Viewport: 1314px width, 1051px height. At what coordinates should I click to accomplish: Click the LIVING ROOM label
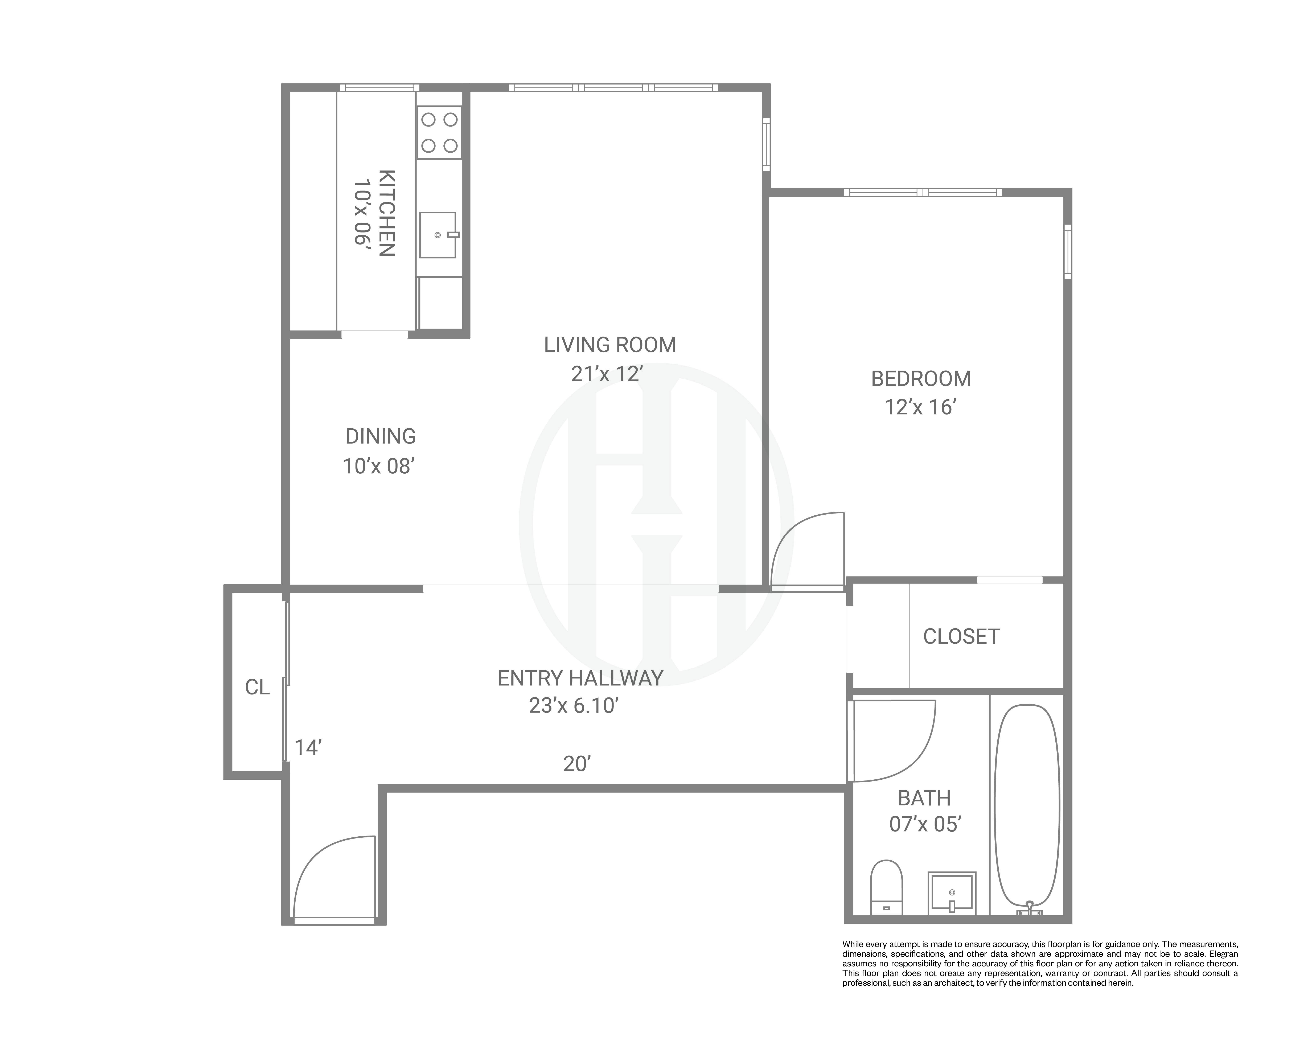click(610, 345)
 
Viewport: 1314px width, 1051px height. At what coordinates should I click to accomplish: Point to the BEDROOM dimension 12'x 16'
click(919, 407)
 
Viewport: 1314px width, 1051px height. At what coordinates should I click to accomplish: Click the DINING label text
click(380, 436)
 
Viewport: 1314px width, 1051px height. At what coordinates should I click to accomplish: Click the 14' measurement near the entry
click(308, 748)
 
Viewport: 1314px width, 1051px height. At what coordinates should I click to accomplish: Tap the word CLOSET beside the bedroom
click(961, 637)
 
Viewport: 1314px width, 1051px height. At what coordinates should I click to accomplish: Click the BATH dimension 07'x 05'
click(925, 824)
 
